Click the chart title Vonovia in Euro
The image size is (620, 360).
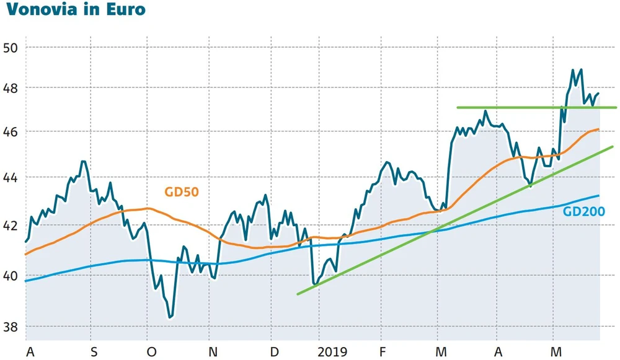tap(73, 11)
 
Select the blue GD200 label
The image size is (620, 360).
tap(583, 211)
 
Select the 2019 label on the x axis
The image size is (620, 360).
tap(333, 352)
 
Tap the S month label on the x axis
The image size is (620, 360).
tap(94, 352)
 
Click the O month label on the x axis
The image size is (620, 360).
tap(152, 352)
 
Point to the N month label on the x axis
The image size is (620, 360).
tap(213, 352)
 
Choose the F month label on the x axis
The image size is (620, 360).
tap(383, 352)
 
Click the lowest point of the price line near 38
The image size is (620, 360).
tap(170, 317)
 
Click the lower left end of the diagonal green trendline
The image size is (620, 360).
tap(298, 294)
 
